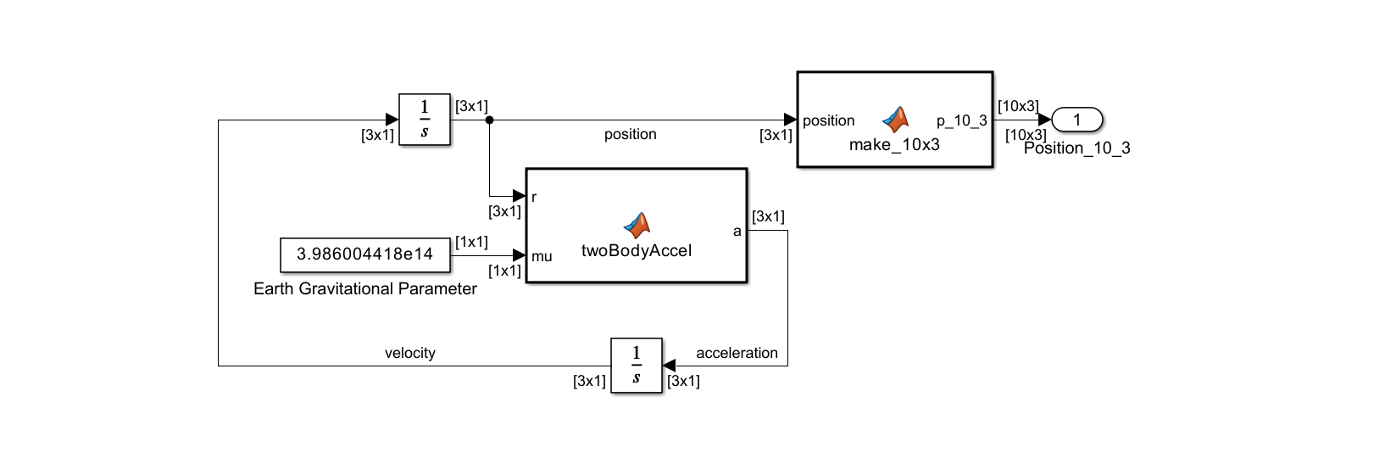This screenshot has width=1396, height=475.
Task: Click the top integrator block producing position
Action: point(424,120)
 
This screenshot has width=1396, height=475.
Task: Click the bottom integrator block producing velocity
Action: point(636,366)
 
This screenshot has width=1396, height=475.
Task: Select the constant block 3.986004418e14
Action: point(364,254)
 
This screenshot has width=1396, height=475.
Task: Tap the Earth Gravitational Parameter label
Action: point(364,289)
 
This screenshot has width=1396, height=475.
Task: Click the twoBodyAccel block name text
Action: point(636,251)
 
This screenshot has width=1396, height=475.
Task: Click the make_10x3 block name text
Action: point(894,145)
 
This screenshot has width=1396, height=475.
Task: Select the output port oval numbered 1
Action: point(1076,120)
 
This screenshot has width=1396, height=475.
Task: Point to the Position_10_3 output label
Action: point(1076,148)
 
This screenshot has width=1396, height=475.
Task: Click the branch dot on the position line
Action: point(489,120)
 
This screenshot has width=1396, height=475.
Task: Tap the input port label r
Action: point(534,197)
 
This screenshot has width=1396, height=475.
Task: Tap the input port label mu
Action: point(542,256)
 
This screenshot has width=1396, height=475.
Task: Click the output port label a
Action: point(737,231)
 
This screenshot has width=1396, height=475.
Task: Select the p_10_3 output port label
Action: point(961,120)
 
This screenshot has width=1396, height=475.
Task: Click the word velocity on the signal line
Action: point(409,353)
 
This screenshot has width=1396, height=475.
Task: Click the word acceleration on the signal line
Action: point(737,353)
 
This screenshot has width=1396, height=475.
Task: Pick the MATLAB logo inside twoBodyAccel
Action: point(637,225)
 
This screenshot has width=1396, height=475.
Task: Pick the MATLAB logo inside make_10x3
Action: point(895,119)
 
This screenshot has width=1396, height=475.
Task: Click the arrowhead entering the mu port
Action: point(519,255)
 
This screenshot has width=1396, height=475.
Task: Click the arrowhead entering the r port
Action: point(519,196)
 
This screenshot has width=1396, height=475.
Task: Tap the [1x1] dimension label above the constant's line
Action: point(471,242)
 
